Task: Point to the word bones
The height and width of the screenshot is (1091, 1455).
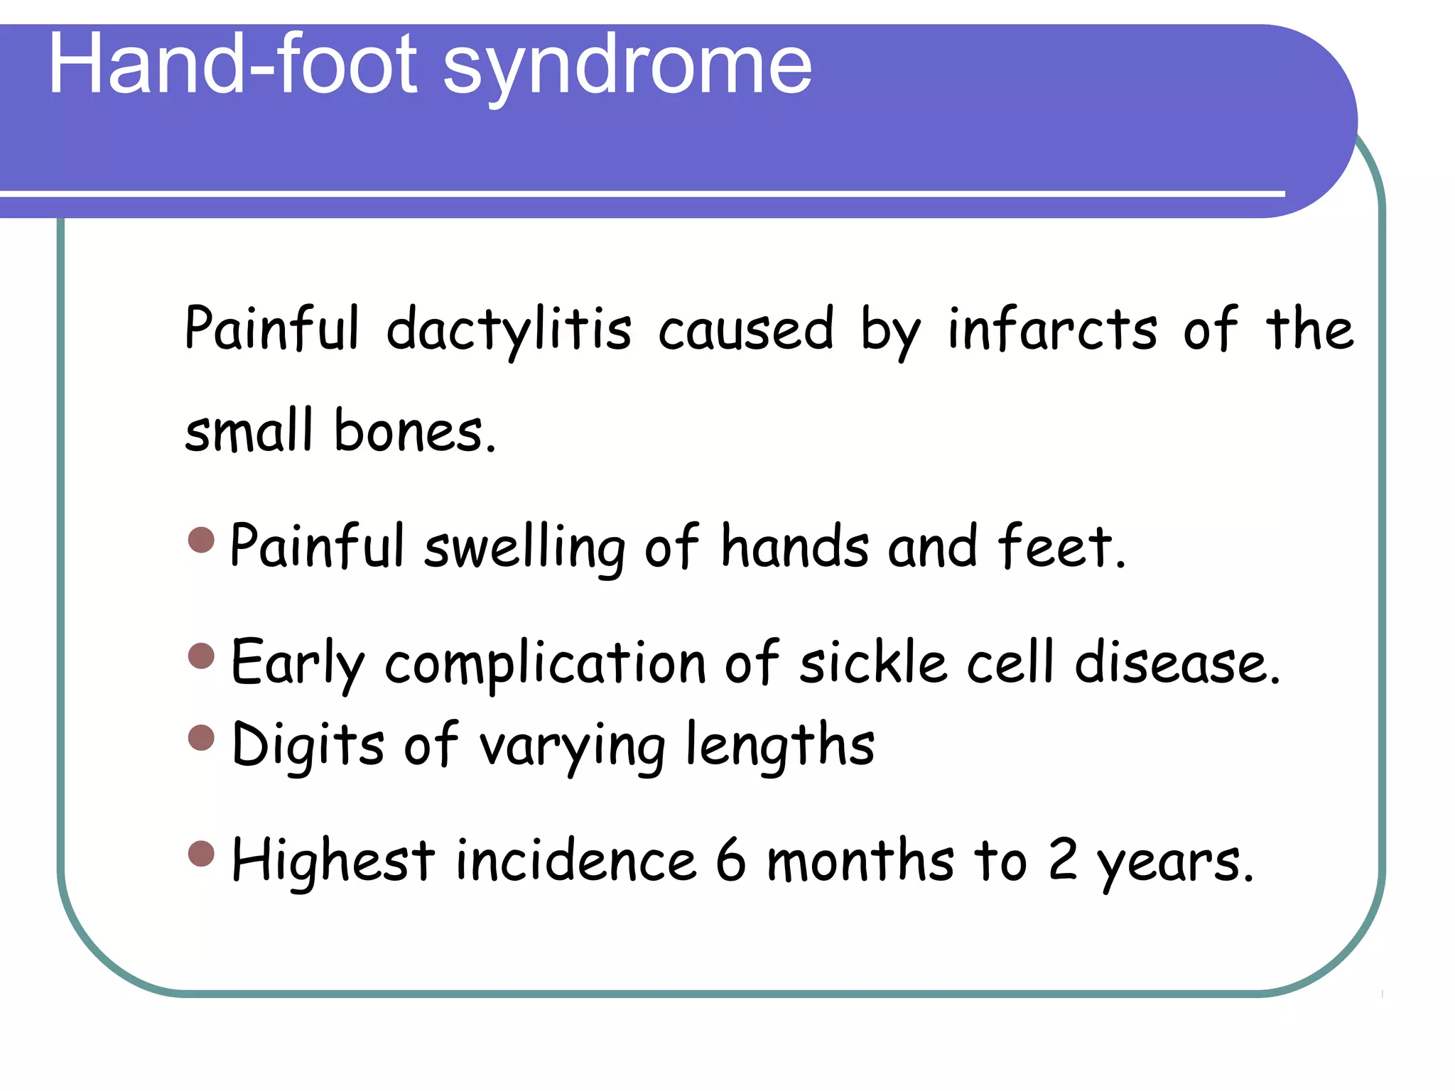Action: (414, 432)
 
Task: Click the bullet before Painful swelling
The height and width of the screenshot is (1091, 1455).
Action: (202, 540)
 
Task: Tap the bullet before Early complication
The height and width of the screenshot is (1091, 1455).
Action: (202, 656)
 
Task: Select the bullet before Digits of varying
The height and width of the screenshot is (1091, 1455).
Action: (202, 737)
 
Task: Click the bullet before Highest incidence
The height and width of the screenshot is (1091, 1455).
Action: (202, 854)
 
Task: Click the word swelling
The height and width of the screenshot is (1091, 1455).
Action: (524, 547)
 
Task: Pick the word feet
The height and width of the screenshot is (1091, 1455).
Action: (1061, 547)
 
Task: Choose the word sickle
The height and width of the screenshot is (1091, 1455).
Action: (873, 663)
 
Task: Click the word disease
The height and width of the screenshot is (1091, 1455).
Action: (1177, 663)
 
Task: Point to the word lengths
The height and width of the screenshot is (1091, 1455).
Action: (779, 746)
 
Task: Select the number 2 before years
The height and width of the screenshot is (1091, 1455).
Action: (1063, 861)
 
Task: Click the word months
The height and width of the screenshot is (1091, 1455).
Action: (860, 861)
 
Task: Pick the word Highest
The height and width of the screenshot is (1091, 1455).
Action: (332, 861)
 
